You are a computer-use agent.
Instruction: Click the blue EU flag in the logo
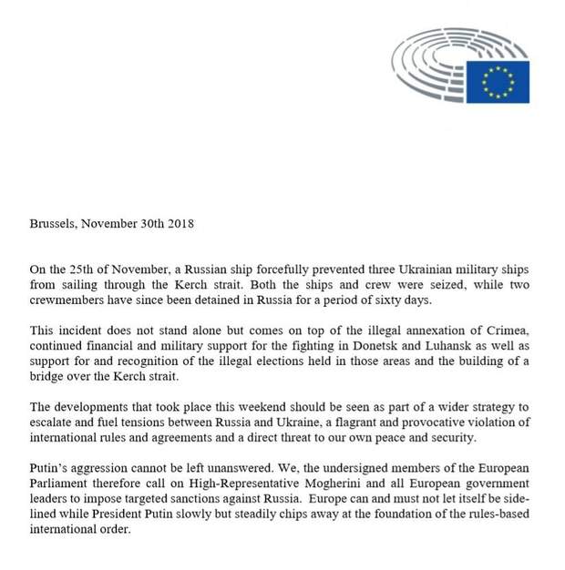498,82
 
